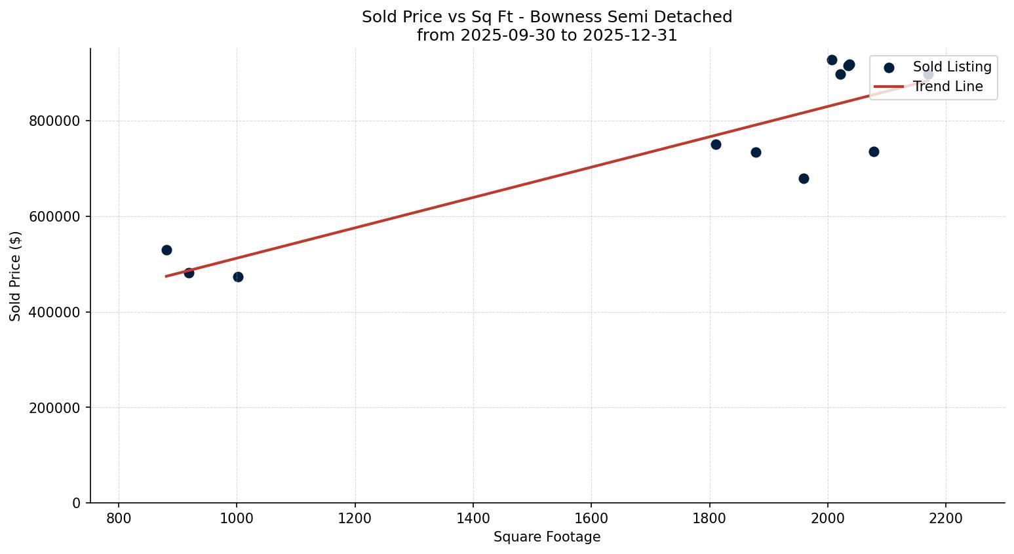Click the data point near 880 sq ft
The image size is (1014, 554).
point(166,250)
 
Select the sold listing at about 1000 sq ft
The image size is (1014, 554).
point(238,277)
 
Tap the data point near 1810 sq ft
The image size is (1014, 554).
point(716,144)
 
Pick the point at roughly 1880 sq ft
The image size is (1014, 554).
point(756,152)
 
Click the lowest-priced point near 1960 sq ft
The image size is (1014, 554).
point(804,178)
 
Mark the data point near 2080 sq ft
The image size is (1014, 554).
point(874,151)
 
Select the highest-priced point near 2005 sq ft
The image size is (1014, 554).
point(832,60)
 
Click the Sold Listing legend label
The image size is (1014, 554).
point(952,67)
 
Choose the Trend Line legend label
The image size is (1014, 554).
point(948,87)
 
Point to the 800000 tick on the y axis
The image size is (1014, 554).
point(55,121)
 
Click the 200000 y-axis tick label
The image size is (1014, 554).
point(55,408)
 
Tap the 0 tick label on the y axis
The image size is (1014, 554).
point(77,504)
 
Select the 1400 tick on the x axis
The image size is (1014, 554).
point(473,518)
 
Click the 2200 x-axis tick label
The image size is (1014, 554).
point(946,518)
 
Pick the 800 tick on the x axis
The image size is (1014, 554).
point(119,518)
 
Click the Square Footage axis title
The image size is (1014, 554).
point(547,538)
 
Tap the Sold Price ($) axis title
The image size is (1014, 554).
point(15,276)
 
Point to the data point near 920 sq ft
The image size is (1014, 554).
point(189,273)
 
